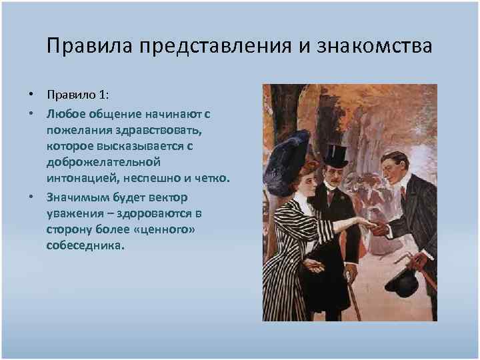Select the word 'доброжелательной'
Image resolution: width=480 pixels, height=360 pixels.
(x=104, y=162)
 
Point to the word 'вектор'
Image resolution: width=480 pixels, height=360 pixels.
(x=168, y=197)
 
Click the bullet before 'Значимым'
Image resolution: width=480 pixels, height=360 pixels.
(x=31, y=197)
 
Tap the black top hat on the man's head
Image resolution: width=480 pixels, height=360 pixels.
(x=335, y=155)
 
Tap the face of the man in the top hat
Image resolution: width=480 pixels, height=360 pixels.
(x=334, y=177)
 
